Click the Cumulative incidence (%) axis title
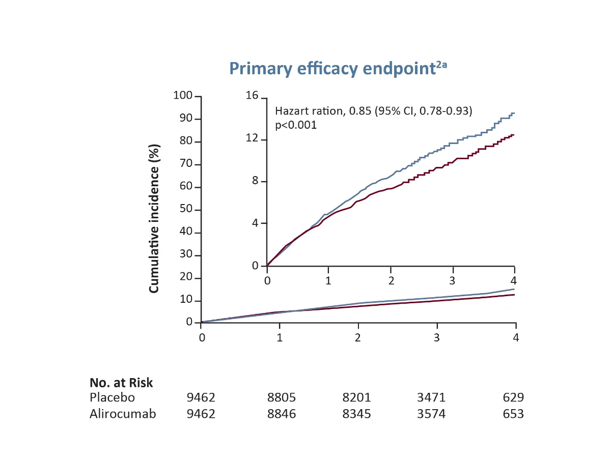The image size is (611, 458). (x=154, y=219)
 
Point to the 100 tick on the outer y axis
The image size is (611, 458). (x=183, y=96)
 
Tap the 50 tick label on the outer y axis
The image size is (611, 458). (x=186, y=210)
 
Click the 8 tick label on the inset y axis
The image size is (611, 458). (x=256, y=182)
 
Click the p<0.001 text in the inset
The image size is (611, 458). (x=296, y=125)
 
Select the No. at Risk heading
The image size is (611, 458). (x=121, y=383)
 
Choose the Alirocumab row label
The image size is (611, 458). (x=123, y=414)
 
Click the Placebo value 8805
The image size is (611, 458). (x=282, y=397)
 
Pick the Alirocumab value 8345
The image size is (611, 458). (x=356, y=414)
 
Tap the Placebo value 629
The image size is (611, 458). (x=513, y=397)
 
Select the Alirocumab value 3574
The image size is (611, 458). (x=431, y=414)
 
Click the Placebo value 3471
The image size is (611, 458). (x=431, y=397)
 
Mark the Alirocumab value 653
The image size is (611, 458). (x=513, y=414)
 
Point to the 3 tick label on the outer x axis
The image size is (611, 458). (x=437, y=337)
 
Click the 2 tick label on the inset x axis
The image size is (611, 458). (x=391, y=281)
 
